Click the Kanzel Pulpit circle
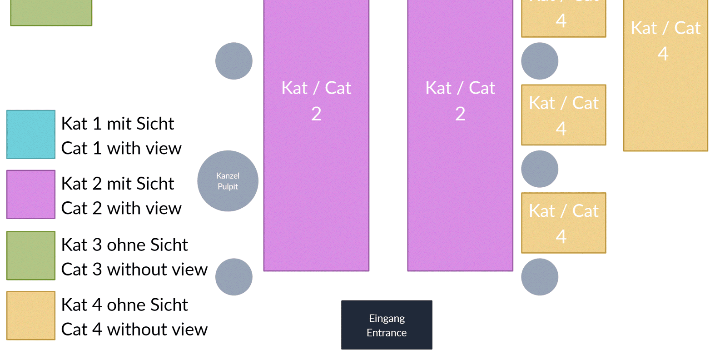(x=228, y=181)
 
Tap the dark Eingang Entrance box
(x=387, y=325)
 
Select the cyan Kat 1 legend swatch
(x=31, y=134)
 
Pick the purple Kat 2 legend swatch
(x=31, y=195)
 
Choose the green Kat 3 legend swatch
(x=31, y=255)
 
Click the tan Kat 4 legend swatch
(x=31, y=315)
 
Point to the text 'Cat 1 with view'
(x=121, y=148)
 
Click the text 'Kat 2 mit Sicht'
(x=118, y=184)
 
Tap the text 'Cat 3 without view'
(x=134, y=270)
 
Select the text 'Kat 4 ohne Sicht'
(x=124, y=305)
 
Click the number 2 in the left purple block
(x=316, y=114)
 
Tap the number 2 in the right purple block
(x=460, y=114)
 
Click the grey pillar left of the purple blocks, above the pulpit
(x=234, y=61)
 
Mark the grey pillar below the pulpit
(x=234, y=277)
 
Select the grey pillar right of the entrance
(x=540, y=277)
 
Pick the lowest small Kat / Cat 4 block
(x=564, y=223)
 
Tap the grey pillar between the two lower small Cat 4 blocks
(x=540, y=169)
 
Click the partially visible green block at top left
(x=51, y=12)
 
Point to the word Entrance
(x=387, y=333)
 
